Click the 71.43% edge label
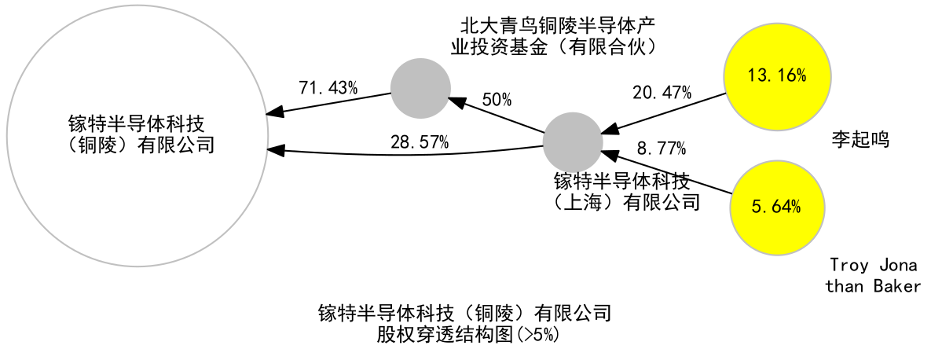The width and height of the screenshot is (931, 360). (x=328, y=89)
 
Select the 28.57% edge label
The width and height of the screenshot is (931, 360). (x=420, y=142)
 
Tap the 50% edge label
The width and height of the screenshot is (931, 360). (x=497, y=99)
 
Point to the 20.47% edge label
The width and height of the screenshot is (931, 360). (x=662, y=92)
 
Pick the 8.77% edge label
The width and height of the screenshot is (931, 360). (x=662, y=147)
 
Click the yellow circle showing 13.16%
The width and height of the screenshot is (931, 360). (x=777, y=76)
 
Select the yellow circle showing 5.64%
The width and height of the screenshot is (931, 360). (x=777, y=208)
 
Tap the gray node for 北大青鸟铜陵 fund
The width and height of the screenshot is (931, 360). (x=420, y=88)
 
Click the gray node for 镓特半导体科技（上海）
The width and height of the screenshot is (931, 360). (x=573, y=142)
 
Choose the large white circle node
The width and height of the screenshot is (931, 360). (x=137, y=136)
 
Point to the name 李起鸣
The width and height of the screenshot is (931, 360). (x=860, y=140)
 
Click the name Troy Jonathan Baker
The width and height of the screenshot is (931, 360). (x=874, y=276)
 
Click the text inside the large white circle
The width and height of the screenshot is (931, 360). (x=140, y=135)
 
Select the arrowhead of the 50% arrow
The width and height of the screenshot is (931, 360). (x=456, y=102)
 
